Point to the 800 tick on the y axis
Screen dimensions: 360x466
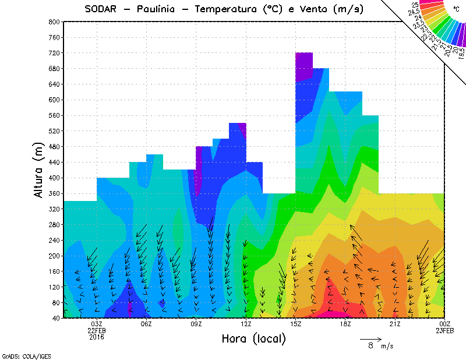click(x=54, y=22)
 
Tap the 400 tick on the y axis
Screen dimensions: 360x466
click(x=54, y=178)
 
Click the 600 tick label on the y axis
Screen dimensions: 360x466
click(x=54, y=100)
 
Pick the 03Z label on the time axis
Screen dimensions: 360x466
click(x=97, y=324)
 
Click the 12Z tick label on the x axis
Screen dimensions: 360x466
click(x=246, y=324)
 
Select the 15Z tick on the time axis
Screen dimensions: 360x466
click(x=295, y=324)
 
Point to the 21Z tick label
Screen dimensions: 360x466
click(x=395, y=324)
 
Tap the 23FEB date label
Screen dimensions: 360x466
click(x=445, y=330)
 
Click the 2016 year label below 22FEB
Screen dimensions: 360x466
click(x=97, y=337)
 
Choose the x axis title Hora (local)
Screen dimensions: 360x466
click(x=254, y=338)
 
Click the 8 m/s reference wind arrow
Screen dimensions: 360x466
click(x=370, y=338)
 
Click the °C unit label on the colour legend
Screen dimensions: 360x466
click(x=457, y=9)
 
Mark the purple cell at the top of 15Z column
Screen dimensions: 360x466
click(x=304, y=65)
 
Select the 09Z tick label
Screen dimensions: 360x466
click(x=196, y=324)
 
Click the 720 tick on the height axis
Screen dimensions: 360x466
click(x=54, y=53)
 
